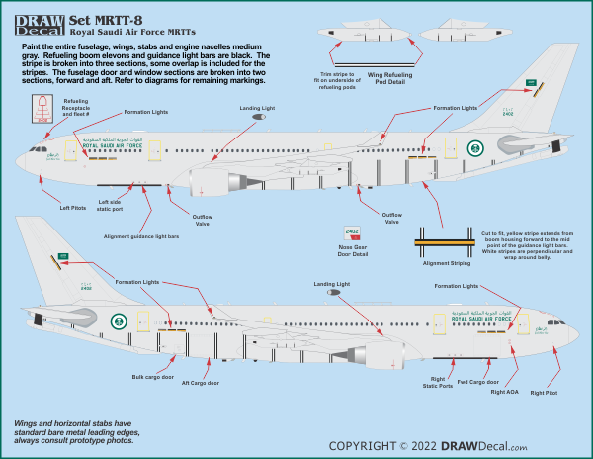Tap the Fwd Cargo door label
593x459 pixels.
pyautogui.click(x=478, y=381)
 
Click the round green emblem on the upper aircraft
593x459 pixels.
pyautogui.click(x=474, y=149)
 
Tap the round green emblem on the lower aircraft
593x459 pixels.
pyautogui.click(x=120, y=322)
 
